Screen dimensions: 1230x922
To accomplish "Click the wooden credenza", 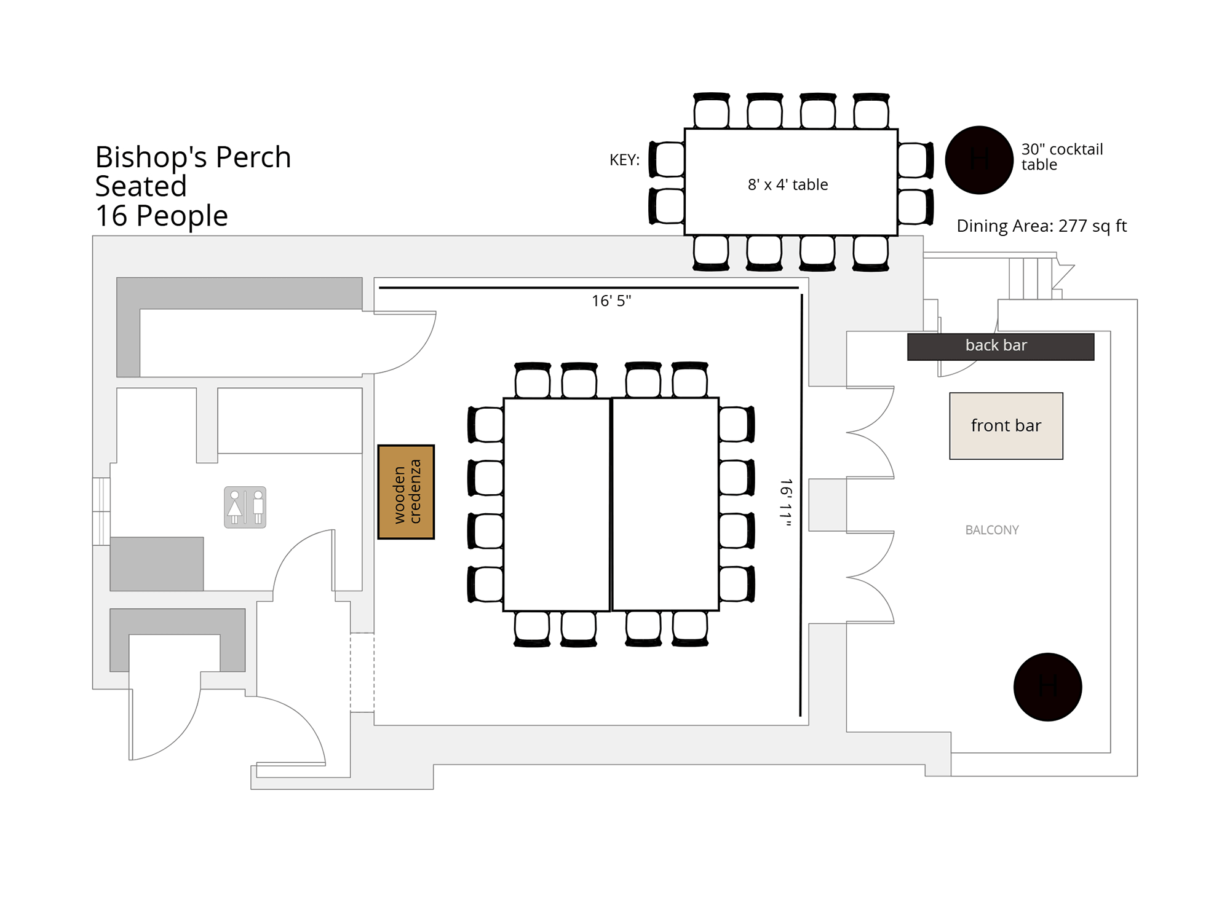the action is point(406,492).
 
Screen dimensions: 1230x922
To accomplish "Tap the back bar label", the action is point(996,345).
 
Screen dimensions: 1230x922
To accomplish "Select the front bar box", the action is point(1006,426).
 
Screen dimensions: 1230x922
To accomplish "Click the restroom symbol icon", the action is point(245,507).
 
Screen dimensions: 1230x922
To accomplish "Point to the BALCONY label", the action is point(992,530).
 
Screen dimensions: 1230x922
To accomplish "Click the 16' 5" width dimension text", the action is point(611,301).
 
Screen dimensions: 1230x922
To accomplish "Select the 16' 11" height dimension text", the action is point(786,503).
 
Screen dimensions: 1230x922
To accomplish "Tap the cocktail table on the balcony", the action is point(1047,687).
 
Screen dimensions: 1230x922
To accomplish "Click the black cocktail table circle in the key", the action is point(979,160).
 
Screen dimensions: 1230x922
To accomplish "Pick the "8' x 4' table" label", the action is point(788,184).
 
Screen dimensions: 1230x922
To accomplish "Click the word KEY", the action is point(624,160).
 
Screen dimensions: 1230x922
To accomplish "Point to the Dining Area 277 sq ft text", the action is point(1041,226).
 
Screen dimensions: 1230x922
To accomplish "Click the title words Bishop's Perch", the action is point(193,157).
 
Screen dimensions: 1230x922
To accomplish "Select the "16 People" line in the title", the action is point(162,216).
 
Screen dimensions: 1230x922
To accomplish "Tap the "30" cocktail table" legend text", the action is point(1062,157).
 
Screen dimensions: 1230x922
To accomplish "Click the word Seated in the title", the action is point(141,186).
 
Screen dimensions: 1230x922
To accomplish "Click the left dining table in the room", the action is point(557,505).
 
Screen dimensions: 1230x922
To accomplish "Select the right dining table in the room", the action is point(665,505).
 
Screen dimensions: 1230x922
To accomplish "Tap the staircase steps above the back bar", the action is point(1031,278).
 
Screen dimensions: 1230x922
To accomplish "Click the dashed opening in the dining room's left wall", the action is point(362,672).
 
